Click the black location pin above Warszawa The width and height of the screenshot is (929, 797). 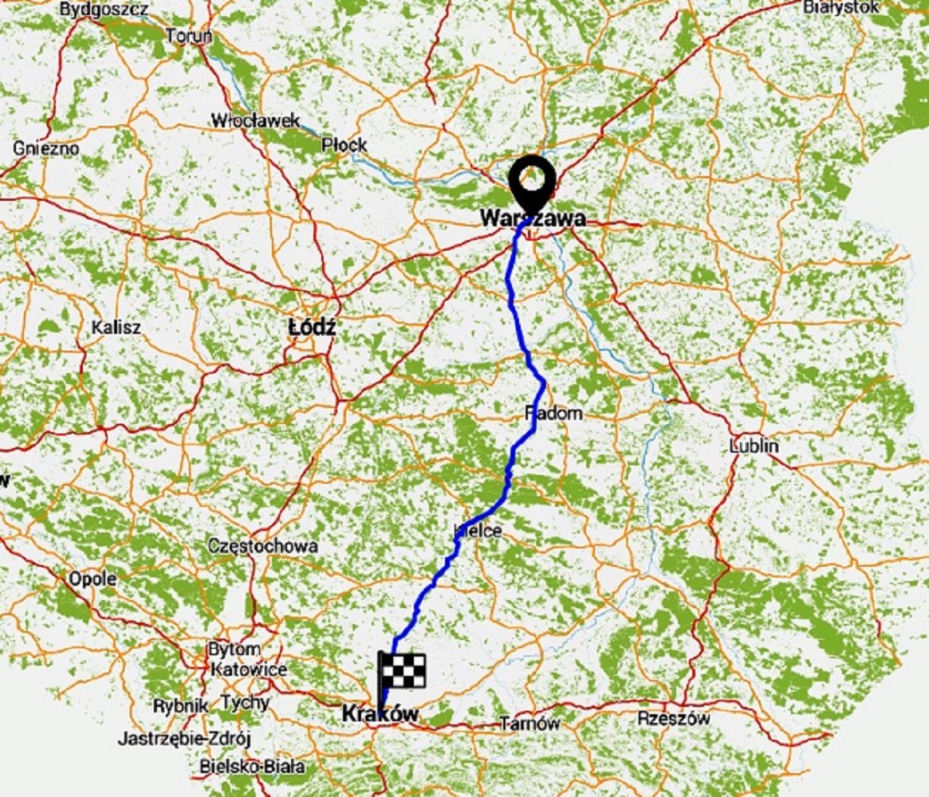pyautogui.click(x=533, y=181)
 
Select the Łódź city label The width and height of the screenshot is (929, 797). pyautogui.click(x=313, y=327)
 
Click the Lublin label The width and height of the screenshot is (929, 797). pyautogui.click(x=754, y=446)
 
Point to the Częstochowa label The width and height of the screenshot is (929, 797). pyautogui.click(x=262, y=546)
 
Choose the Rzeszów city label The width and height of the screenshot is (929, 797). pyautogui.click(x=674, y=718)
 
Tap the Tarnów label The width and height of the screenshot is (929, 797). pyautogui.click(x=529, y=724)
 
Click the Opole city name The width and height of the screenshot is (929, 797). pyautogui.click(x=93, y=579)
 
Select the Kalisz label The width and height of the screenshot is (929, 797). pyautogui.click(x=116, y=327)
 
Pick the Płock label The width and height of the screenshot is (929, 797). pyautogui.click(x=344, y=145)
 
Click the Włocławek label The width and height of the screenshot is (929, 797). pyautogui.click(x=255, y=121)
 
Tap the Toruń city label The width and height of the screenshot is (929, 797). pyautogui.click(x=189, y=36)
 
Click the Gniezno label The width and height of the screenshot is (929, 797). pyautogui.click(x=46, y=147)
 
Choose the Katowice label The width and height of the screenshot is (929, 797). pyautogui.click(x=249, y=669)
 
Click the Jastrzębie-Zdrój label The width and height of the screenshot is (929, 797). pyautogui.click(x=184, y=739)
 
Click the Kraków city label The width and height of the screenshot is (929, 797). pyautogui.click(x=380, y=714)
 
